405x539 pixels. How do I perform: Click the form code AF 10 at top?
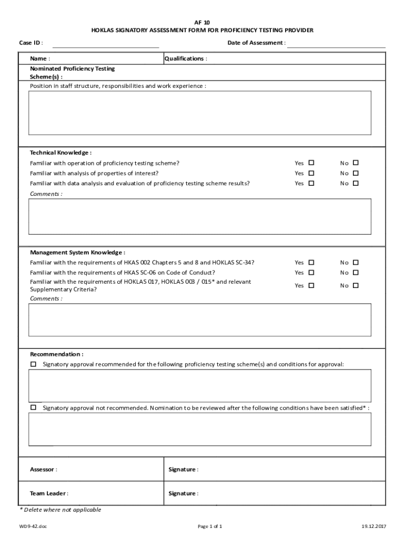click(x=202, y=23)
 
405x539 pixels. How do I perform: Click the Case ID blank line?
click(x=105, y=44)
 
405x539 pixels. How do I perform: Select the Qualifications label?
click(x=186, y=58)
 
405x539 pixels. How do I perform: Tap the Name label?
click(x=40, y=58)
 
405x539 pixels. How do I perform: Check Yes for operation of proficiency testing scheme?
click(x=311, y=163)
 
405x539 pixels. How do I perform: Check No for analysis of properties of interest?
click(x=356, y=173)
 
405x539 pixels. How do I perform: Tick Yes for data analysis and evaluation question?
click(x=311, y=183)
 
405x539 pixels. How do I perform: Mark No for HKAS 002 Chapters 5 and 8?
click(x=356, y=262)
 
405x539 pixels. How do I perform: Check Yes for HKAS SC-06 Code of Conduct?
click(x=311, y=272)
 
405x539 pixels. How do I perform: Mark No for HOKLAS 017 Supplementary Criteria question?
click(x=356, y=285)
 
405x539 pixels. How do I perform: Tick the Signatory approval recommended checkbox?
click(x=34, y=364)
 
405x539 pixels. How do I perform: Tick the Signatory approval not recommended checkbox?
click(x=34, y=407)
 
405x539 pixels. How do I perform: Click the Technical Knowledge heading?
click(x=60, y=153)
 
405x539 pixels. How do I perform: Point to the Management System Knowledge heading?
click(x=77, y=252)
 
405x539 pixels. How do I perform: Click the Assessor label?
click(x=44, y=469)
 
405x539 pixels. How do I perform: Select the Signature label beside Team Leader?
click(x=183, y=493)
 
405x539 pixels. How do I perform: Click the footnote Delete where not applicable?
click(x=60, y=510)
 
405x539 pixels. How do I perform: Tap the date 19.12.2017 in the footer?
click(x=373, y=526)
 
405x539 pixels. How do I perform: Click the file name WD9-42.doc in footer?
click(x=33, y=526)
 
